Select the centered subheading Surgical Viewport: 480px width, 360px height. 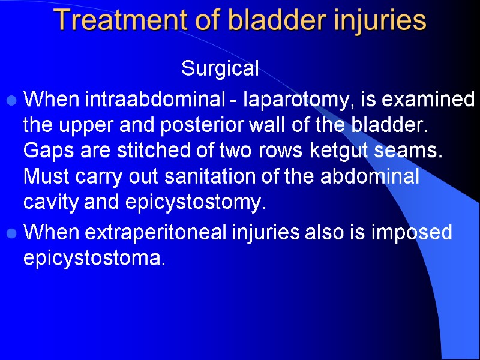click(220, 69)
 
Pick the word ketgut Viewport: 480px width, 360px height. click(336, 151)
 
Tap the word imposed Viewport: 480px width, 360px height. click(415, 233)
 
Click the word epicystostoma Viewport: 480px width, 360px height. click(93, 259)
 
